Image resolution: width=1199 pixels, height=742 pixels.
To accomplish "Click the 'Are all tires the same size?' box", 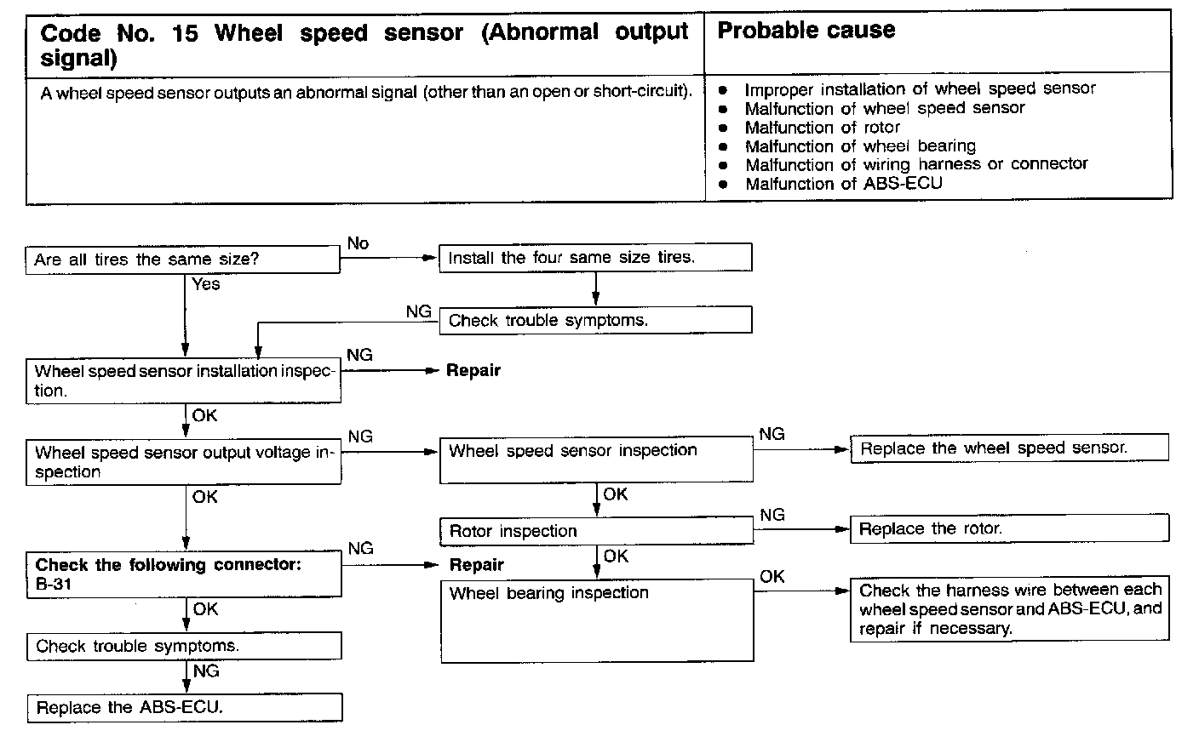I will pyautogui.click(x=182, y=260).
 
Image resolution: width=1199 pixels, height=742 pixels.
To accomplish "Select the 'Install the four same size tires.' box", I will pyautogui.click(x=594, y=257).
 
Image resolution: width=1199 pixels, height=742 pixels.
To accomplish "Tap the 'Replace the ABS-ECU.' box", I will pyautogui.click(x=184, y=707).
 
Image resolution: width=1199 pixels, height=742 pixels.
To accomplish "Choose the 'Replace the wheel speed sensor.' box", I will pyautogui.click(x=1009, y=448).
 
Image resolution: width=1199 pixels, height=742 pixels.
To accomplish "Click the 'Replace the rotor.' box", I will pyautogui.click(x=1009, y=528).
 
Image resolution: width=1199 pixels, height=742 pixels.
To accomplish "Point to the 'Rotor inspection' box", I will pyautogui.click(x=596, y=531).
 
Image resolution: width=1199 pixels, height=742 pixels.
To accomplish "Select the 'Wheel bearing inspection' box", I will pyautogui.click(x=596, y=619).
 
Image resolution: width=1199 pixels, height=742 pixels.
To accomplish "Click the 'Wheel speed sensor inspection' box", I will pyautogui.click(x=596, y=459).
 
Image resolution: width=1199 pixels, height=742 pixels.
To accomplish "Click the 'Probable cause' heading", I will pyautogui.click(x=806, y=31).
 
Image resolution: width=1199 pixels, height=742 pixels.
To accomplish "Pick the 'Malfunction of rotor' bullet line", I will pyautogui.click(x=822, y=128).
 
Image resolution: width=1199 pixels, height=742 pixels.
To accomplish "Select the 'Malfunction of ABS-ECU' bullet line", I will pyautogui.click(x=843, y=184).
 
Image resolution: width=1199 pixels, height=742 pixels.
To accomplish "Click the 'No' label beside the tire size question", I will pyautogui.click(x=358, y=243).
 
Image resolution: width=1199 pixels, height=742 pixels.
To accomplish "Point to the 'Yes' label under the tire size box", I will pyautogui.click(x=206, y=284).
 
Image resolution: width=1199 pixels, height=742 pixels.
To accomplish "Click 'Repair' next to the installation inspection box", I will pyautogui.click(x=473, y=370).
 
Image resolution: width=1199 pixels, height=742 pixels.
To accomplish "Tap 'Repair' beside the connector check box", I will pyautogui.click(x=476, y=565).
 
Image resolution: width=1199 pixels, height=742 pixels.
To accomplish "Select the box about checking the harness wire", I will pyautogui.click(x=1009, y=609).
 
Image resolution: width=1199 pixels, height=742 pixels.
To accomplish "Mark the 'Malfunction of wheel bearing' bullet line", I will pyautogui.click(x=860, y=146).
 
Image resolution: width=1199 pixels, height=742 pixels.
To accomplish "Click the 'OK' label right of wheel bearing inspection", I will pyautogui.click(x=772, y=577).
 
